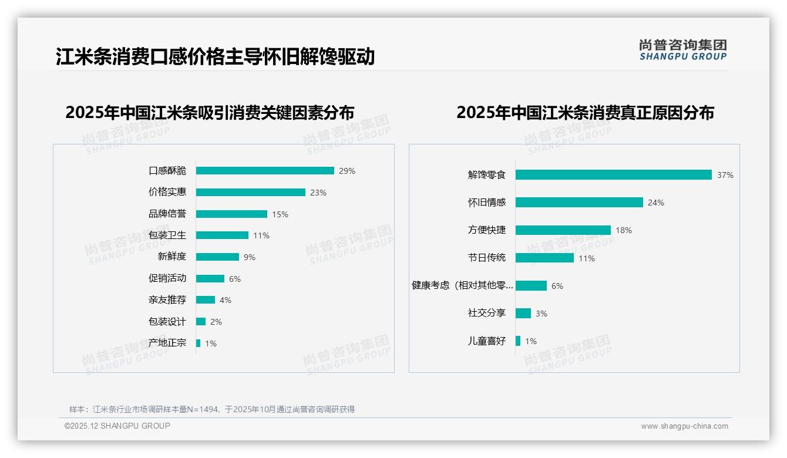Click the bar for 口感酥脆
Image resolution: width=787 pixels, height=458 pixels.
coord(265,171)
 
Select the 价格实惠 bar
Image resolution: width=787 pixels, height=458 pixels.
coord(251,193)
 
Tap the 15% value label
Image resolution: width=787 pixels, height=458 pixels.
coord(280,214)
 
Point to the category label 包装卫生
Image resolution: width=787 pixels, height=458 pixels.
coord(167,235)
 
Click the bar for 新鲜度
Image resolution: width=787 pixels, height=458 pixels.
coord(217,257)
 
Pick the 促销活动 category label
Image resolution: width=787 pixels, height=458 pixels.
coord(167,278)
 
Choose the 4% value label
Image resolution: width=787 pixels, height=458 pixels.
coord(226,300)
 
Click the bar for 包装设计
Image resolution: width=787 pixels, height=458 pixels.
coord(201,322)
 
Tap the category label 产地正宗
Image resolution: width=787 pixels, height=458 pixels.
coord(167,343)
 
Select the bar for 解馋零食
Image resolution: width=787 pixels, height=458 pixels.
coord(614,175)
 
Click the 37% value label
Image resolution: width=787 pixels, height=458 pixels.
coord(725,175)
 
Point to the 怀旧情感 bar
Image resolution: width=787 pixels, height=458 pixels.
coord(579,203)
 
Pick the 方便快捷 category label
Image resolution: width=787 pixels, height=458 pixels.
coord(487,230)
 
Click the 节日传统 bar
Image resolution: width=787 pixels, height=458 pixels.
coord(544,258)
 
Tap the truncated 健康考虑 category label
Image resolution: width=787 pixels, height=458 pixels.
coord(463,285)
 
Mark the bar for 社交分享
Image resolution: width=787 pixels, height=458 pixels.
coord(523,314)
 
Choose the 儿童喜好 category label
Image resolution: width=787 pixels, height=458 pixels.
coord(487,341)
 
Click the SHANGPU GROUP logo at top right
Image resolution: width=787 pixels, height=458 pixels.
coord(683,50)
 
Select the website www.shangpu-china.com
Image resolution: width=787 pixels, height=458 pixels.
coord(684,426)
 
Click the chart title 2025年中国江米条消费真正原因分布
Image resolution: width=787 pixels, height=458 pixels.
coord(585,113)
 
